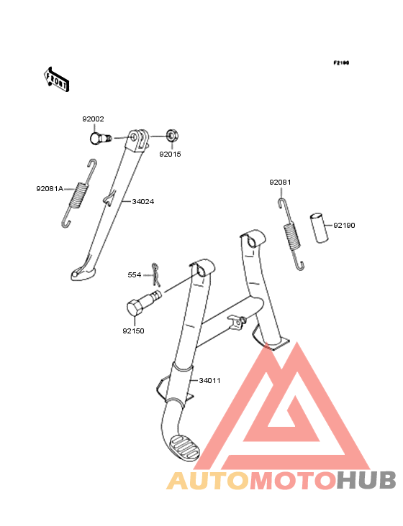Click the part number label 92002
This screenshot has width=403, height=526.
click(93, 119)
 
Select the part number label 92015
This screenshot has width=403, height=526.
click(170, 154)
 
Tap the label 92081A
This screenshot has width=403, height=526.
click(50, 189)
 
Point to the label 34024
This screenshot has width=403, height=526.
click(143, 202)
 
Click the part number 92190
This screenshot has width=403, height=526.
click(344, 226)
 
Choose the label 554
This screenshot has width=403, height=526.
click(135, 275)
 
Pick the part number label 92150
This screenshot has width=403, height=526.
click(133, 331)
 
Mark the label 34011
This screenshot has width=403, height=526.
click(209, 381)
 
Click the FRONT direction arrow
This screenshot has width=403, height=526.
click(56, 79)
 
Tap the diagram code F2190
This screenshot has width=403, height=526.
click(341, 63)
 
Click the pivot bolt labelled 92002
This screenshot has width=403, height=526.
click(100, 138)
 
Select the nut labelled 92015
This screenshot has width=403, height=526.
click(173, 137)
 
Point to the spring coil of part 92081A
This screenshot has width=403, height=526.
click(78, 194)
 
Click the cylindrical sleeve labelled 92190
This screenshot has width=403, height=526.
click(319, 227)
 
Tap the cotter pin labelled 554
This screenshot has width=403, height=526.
click(155, 274)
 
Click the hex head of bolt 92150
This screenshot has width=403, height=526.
click(135, 308)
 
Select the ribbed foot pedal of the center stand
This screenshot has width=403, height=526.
click(185, 448)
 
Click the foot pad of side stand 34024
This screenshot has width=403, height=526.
click(83, 273)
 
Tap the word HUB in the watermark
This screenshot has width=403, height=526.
click(367, 481)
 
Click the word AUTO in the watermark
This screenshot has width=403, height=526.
click(208, 481)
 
